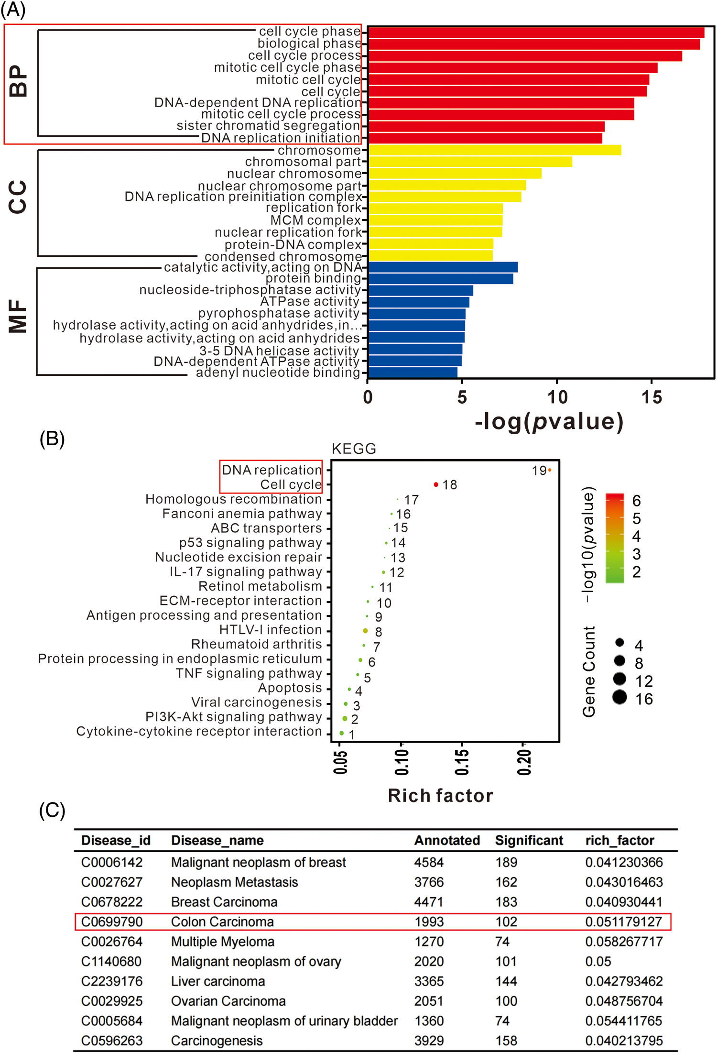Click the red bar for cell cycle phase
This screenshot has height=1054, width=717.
pos(535,33)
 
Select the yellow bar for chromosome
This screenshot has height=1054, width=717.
pos(494,150)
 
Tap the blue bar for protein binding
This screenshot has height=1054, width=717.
pos(440,279)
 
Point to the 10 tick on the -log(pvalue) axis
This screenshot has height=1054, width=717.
pos(557,397)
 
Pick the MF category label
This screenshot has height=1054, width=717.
pos(18,316)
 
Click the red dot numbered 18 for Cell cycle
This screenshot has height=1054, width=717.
pos(436,484)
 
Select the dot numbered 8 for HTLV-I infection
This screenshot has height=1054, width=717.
pos(366,631)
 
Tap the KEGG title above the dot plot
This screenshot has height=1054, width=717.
pos(354,449)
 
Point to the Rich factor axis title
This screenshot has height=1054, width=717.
pos(440,795)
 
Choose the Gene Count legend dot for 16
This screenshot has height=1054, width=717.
pos(619,697)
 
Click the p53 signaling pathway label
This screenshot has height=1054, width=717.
pos(250,543)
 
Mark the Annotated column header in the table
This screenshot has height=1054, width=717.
pos(447,840)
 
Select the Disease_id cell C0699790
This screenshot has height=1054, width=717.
pos(112,922)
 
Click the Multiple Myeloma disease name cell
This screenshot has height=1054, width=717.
pos(223,942)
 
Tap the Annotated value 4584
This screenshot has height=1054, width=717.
pos(429,862)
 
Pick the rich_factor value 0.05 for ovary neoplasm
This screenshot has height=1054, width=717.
pos(598,961)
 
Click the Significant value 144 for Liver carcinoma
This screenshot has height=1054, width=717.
pos(506,981)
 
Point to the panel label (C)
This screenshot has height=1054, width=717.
pos(52,811)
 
